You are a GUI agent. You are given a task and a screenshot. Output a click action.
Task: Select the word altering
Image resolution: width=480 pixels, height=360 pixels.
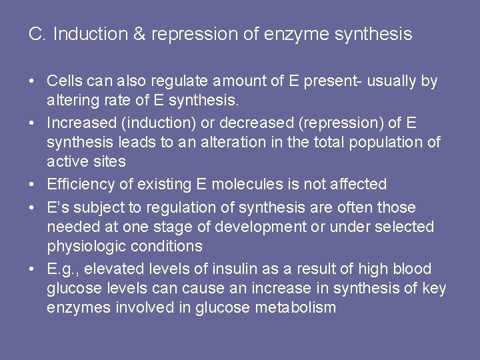pyautogui.click(x=71, y=101)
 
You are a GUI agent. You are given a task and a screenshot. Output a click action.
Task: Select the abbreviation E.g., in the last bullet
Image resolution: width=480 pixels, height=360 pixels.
pyautogui.click(x=62, y=269)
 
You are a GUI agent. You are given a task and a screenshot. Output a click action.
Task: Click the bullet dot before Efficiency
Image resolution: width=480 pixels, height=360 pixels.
pyautogui.click(x=33, y=185)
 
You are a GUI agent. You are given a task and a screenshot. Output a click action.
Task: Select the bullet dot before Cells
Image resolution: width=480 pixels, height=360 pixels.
pyautogui.click(x=33, y=82)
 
